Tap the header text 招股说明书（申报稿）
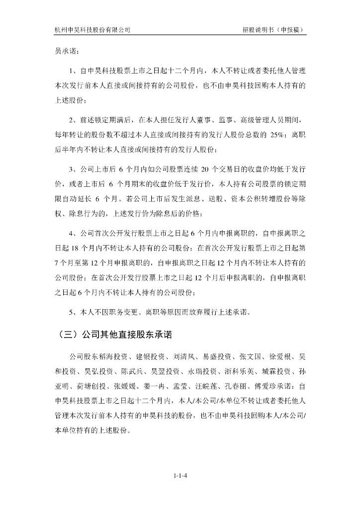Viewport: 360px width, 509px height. click(x=267, y=30)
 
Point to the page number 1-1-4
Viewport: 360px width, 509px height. click(x=180, y=476)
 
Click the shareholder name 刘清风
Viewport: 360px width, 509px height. click(x=184, y=357)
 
